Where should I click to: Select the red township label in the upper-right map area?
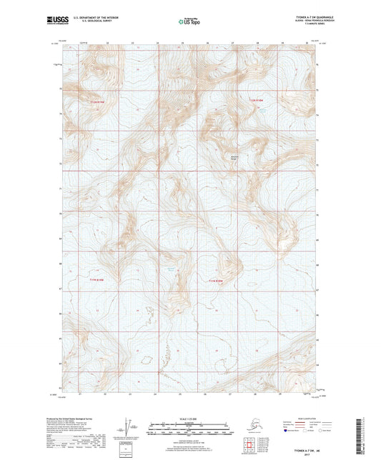[x=257, y=99]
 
